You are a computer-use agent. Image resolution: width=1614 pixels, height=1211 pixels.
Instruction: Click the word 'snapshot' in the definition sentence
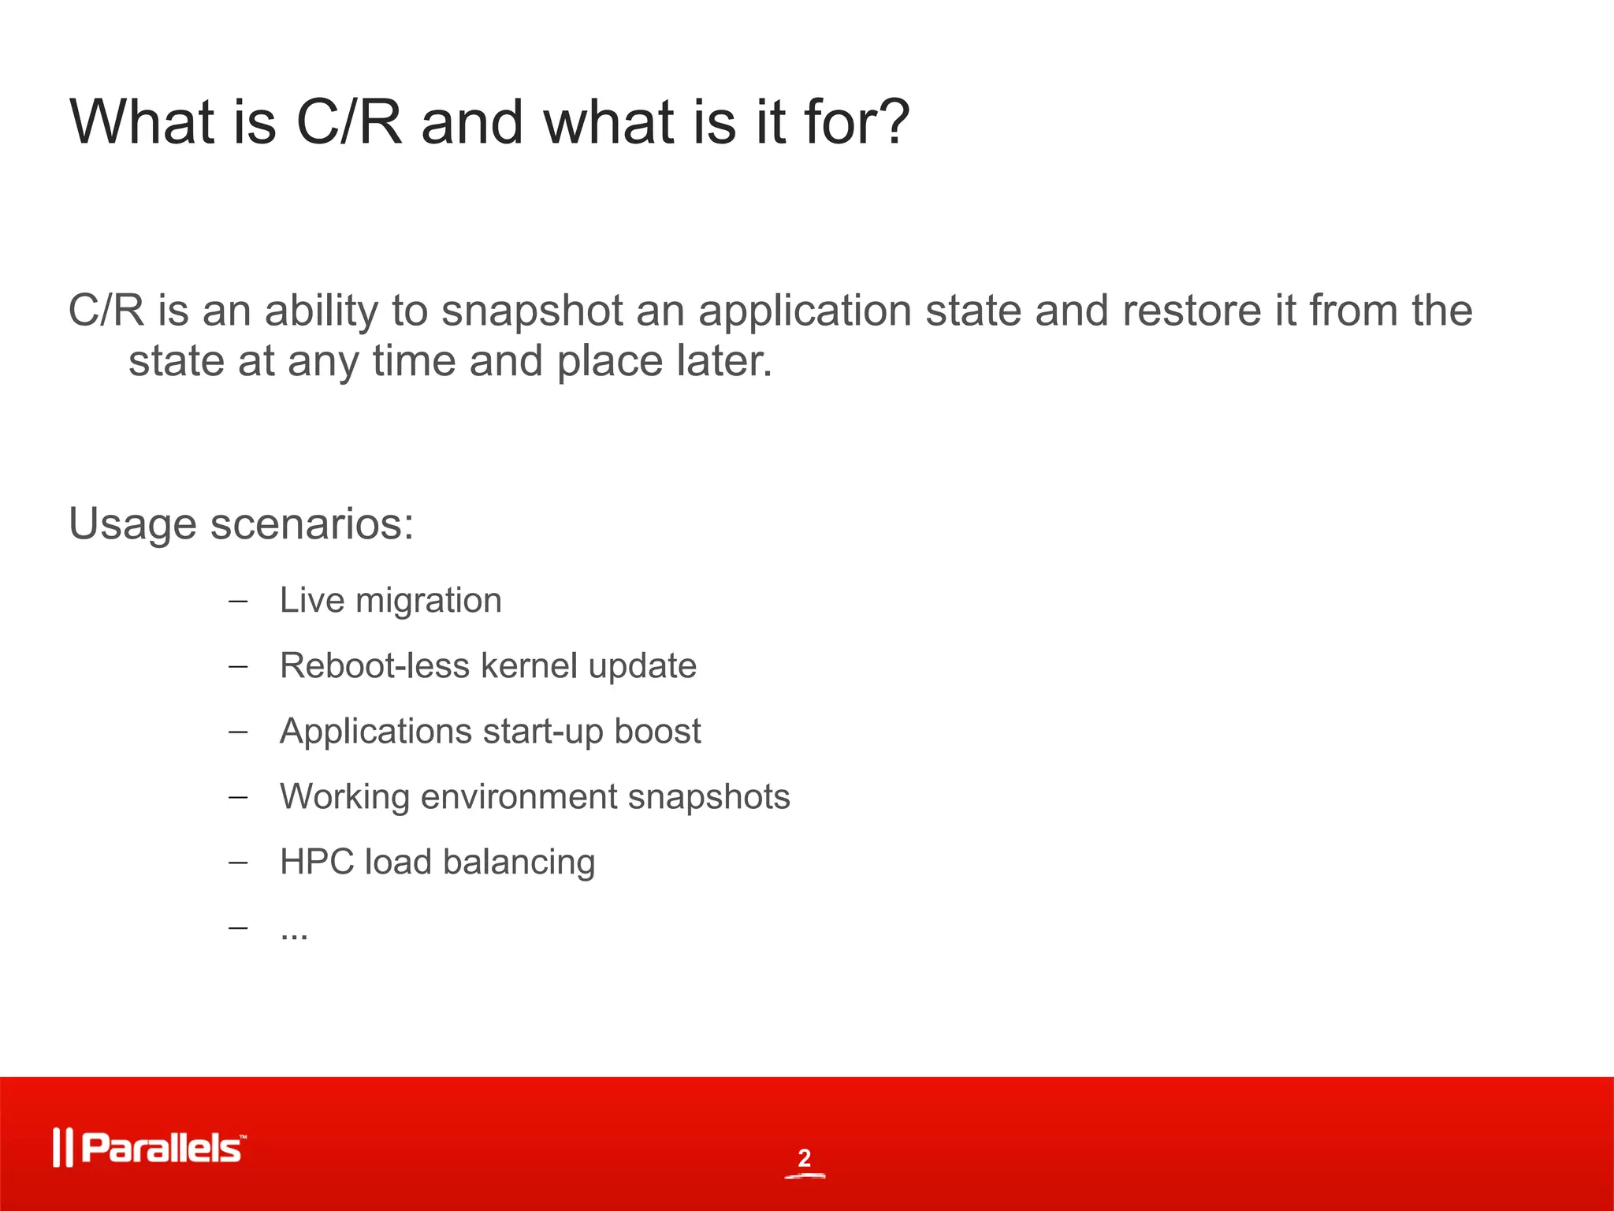pos(533,311)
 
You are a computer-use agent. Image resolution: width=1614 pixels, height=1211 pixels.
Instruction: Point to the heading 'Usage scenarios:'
pos(241,524)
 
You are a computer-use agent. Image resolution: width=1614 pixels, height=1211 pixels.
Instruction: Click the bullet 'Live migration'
pos(390,601)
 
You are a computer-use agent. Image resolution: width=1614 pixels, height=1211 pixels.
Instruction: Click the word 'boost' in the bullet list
pos(657,732)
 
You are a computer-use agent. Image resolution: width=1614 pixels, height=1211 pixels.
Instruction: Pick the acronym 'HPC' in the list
pos(317,863)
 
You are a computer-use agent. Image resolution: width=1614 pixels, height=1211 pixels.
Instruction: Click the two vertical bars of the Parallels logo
pos(62,1148)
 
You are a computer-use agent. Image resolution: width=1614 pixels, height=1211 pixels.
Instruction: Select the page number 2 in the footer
pos(804,1158)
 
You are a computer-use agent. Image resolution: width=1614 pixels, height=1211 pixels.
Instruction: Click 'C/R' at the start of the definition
pos(106,310)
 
